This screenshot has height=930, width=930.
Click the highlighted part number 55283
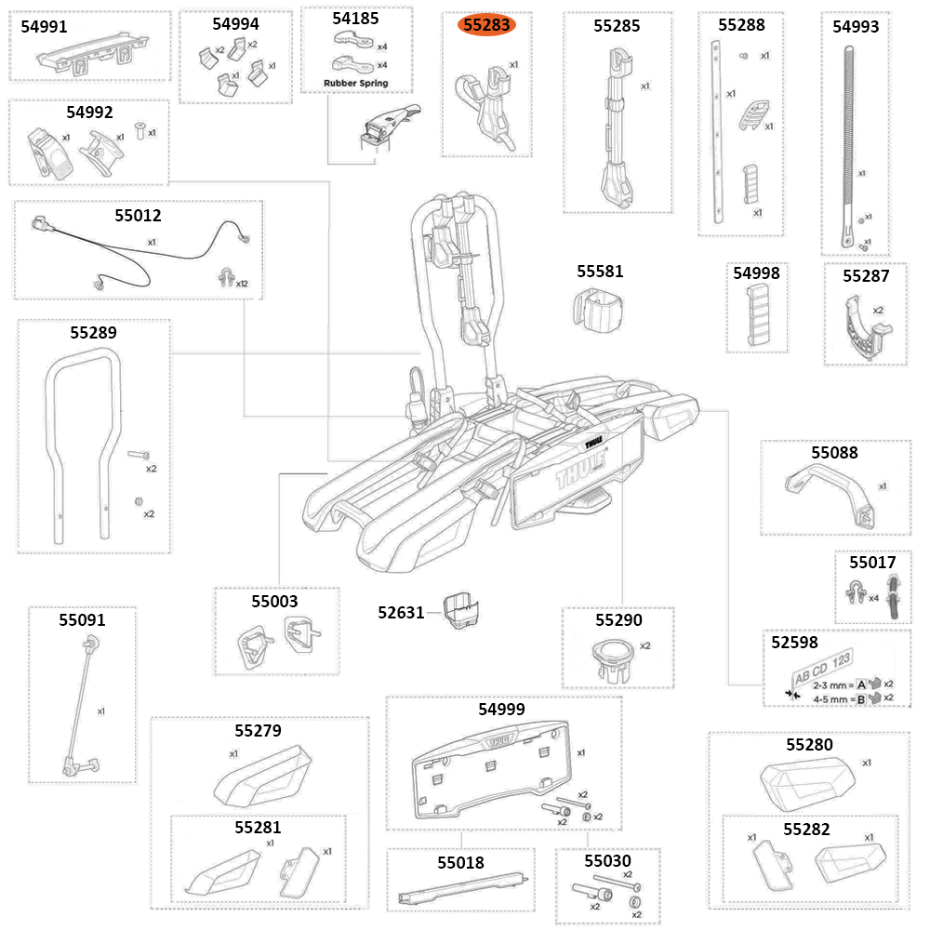tap(486, 26)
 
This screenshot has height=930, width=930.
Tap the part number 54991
tap(45, 27)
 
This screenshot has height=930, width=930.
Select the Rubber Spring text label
tap(355, 83)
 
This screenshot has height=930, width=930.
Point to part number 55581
tap(600, 272)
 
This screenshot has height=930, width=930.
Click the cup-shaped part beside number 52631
tap(462, 611)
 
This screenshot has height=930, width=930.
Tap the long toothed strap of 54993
tap(850, 139)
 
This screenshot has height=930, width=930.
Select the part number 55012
tap(138, 216)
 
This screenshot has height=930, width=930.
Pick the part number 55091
tap(82, 618)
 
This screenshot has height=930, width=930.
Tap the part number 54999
tap(502, 709)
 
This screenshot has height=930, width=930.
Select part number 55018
tap(460, 862)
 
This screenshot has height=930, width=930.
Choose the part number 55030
tap(607, 861)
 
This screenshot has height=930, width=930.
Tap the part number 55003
tap(274, 602)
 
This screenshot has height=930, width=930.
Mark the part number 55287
tap(866, 276)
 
